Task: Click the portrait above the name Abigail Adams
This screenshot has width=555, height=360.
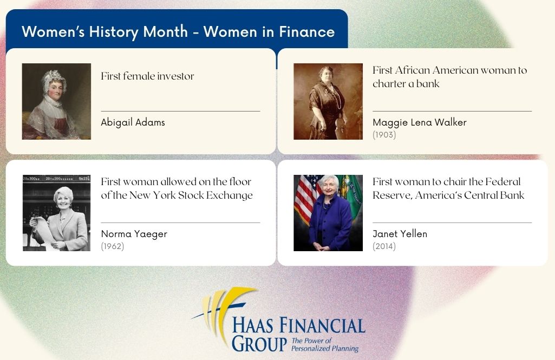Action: coord(56,101)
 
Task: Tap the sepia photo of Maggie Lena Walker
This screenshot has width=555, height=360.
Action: coord(328,101)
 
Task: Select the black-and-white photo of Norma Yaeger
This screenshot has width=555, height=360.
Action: coord(57,213)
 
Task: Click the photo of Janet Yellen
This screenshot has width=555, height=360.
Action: coord(328,213)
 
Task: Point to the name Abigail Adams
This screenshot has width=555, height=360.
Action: coord(133,122)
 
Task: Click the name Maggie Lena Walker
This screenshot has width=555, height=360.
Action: coord(420,122)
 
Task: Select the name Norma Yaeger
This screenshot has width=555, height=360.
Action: coord(134,234)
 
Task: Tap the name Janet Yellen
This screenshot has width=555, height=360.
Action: coord(400,234)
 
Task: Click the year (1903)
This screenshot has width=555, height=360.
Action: coord(384,134)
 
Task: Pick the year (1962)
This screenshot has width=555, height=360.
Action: coord(113,246)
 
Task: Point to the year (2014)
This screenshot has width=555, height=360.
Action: coord(384,246)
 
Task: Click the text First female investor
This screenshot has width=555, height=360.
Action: coord(147,76)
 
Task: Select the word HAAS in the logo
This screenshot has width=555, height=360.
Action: coord(252,325)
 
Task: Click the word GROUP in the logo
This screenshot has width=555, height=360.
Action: coord(259,343)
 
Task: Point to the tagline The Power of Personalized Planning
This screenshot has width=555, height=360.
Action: coord(324,344)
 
